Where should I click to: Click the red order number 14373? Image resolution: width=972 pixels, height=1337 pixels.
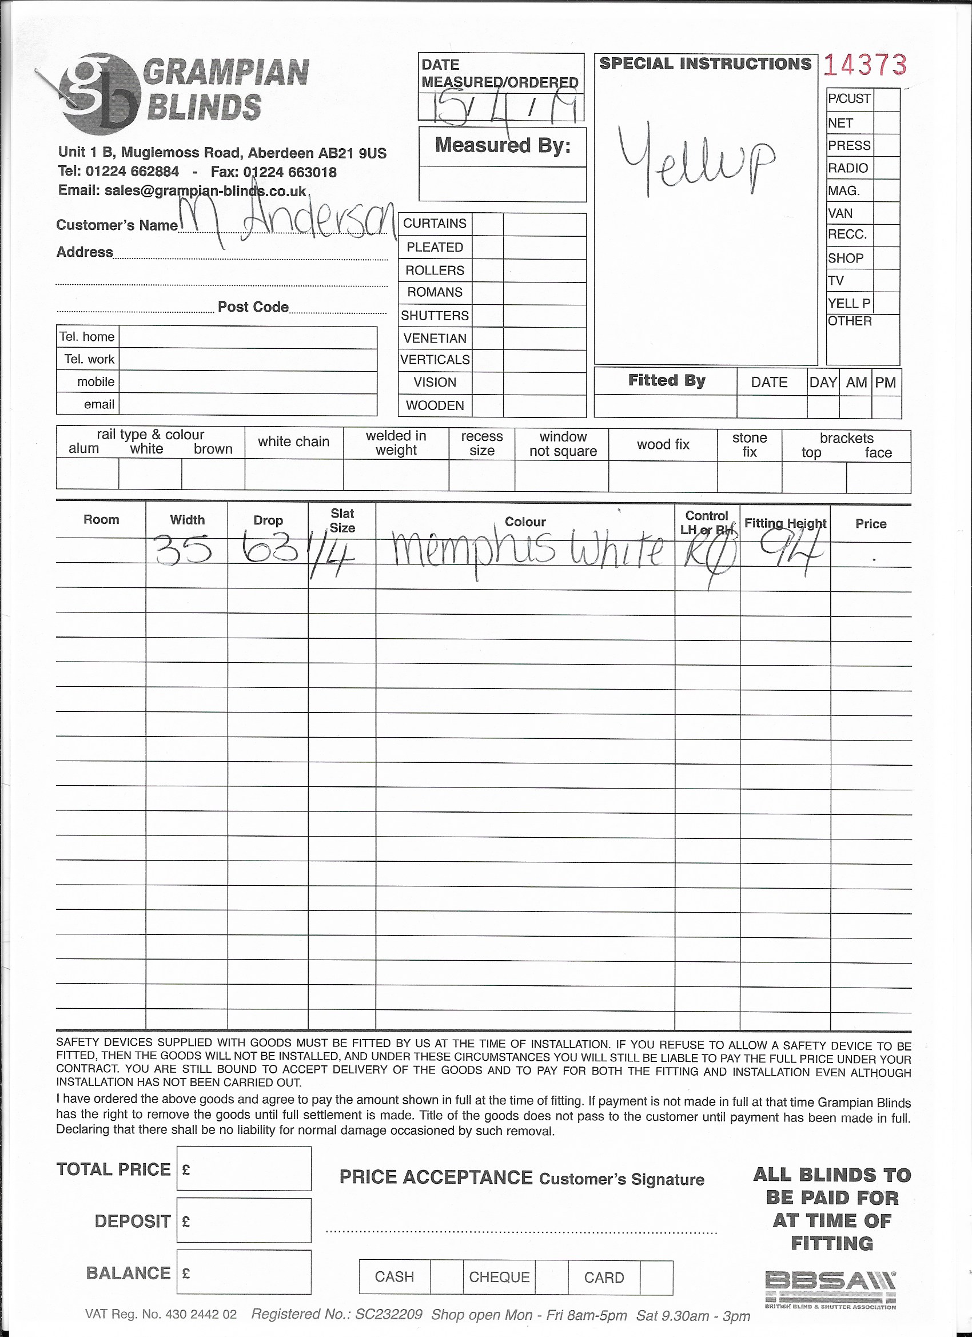(x=864, y=65)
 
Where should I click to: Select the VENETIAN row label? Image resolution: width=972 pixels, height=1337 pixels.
(x=435, y=339)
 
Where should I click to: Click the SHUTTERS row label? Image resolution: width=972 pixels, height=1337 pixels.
(x=435, y=316)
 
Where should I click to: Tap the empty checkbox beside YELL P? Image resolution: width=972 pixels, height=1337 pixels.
(x=886, y=303)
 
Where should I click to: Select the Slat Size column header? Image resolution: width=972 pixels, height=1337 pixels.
(x=342, y=520)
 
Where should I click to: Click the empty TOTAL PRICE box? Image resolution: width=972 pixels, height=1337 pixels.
(x=244, y=1168)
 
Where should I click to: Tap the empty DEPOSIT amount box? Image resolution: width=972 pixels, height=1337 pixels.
(x=244, y=1220)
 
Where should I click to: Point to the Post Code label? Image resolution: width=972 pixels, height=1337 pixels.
(x=253, y=307)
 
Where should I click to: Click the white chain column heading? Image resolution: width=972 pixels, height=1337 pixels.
(x=293, y=441)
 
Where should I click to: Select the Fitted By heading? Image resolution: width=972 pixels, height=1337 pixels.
(x=666, y=381)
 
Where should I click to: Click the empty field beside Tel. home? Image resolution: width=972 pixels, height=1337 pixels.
(x=248, y=337)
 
